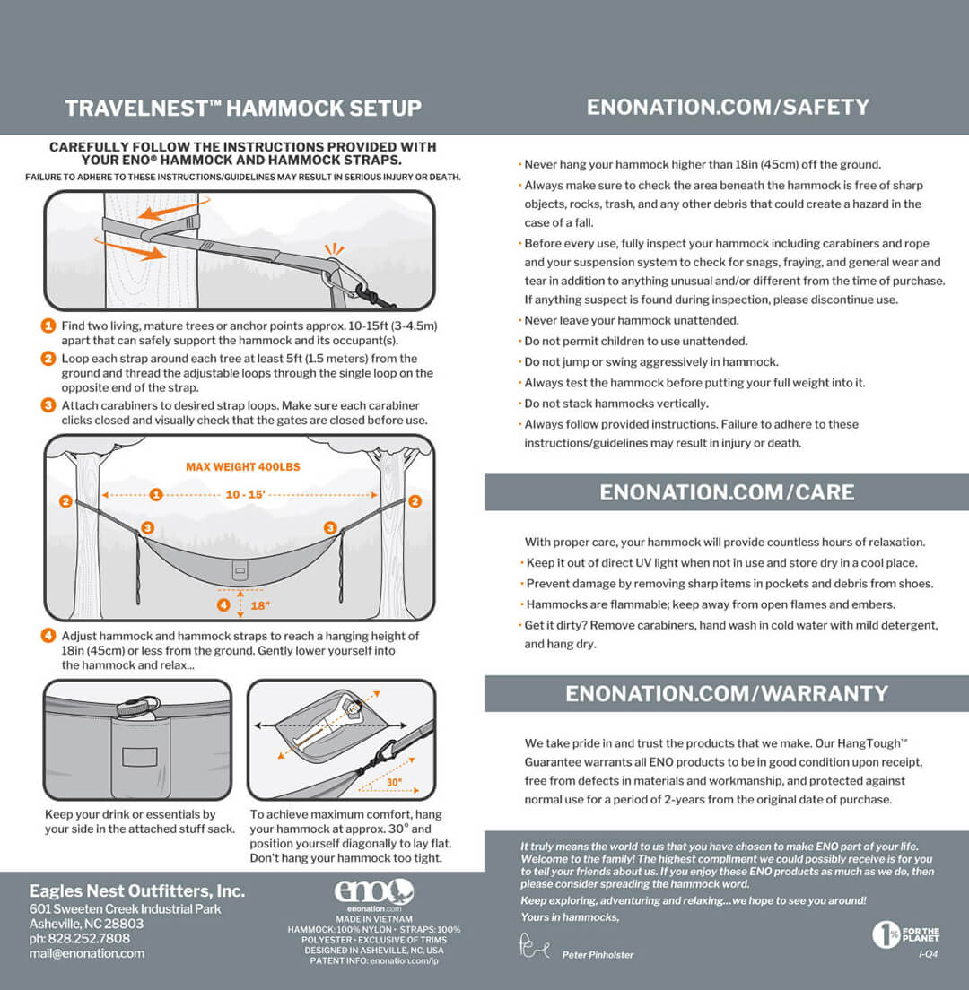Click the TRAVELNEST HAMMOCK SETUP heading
(x=242, y=109)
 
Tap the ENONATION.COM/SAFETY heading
(x=728, y=108)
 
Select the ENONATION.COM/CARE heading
(x=727, y=492)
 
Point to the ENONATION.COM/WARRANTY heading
(x=727, y=693)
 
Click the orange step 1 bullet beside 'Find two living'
(x=49, y=326)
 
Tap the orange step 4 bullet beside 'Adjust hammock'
(x=49, y=636)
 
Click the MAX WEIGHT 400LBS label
(x=242, y=467)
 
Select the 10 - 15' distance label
(x=245, y=494)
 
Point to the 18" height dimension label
(x=260, y=604)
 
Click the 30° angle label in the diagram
(x=392, y=782)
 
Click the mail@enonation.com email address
(x=86, y=953)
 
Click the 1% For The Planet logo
(x=905, y=934)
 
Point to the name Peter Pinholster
(x=598, y=955)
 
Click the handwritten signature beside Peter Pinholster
(x=534, y=946)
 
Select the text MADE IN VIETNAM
(x=374, y=919)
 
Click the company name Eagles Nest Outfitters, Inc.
(x=136, y=891)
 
